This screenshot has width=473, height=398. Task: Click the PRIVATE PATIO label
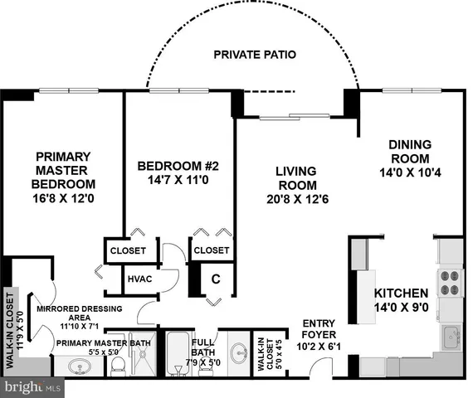256,56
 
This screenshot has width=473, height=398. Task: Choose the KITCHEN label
401,294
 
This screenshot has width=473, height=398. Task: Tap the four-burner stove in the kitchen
448,283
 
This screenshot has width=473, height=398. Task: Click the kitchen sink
451,334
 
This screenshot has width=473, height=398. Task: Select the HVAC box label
139,279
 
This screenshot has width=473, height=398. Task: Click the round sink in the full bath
237,352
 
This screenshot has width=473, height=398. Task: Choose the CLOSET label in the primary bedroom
128,250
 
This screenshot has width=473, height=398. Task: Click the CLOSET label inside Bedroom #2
211,250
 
